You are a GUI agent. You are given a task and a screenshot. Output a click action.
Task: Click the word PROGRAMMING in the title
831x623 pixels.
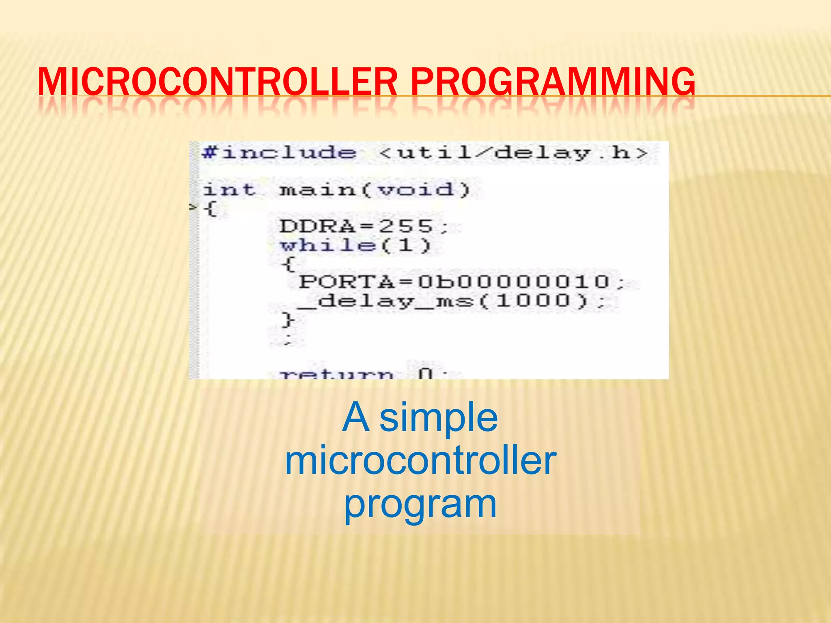point(553,82)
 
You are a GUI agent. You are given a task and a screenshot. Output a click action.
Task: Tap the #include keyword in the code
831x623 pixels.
point(279,153)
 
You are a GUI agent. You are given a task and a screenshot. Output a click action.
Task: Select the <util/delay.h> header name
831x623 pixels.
point(513,153)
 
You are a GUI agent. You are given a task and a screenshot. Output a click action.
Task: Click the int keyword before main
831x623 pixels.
point(229,190)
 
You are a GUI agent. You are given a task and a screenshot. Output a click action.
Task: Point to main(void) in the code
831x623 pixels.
point(374,190)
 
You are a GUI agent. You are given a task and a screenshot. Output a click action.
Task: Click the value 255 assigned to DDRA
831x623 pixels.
point(406,226)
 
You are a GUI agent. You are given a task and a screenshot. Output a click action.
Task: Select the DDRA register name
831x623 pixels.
point(317,226)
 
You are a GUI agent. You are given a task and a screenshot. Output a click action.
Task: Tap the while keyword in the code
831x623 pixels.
point(328,245)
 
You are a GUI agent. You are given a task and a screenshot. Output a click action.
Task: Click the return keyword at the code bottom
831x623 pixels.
point(337,374)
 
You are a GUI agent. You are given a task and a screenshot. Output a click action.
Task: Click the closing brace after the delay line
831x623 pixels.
point(288,320)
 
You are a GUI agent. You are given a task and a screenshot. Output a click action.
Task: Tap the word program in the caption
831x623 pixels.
point(420,505)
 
